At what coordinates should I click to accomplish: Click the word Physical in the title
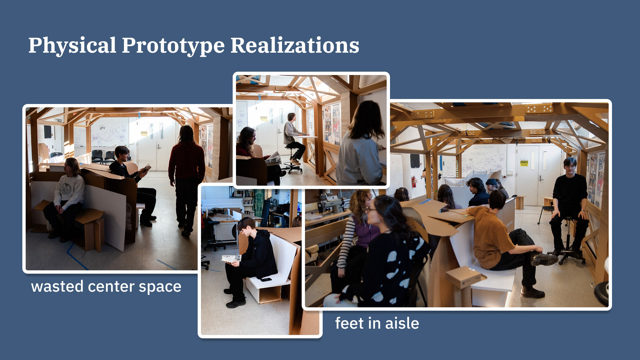72,46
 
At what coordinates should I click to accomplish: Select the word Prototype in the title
173,46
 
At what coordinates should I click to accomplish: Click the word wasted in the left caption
57,287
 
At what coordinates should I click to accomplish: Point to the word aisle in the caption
402,323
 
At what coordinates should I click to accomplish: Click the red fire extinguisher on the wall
414,182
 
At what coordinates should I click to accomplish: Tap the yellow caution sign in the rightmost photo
524,163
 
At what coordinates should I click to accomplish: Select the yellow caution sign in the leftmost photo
144,133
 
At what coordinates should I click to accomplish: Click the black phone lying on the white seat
266,279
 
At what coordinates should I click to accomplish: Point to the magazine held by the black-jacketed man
231,258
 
